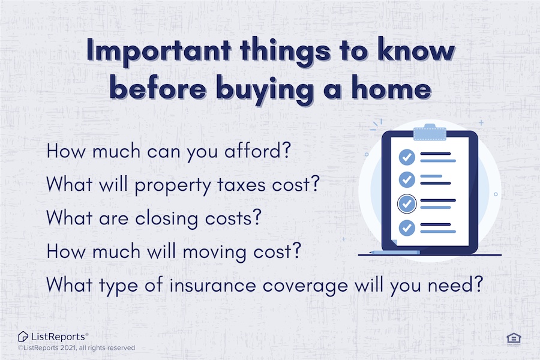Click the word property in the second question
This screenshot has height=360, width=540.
(x=173, y=185)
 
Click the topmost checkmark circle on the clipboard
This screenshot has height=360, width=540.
(x=407, y=157)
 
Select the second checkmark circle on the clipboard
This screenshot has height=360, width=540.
(x=407, y=179)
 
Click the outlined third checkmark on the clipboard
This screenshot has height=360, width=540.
(x=407, y=203)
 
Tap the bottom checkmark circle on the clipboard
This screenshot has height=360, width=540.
(x=407, y=228)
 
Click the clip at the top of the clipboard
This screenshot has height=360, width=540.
(x=430, y=132)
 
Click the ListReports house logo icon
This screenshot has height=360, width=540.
(x=23, y=336)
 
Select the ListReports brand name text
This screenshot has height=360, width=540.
(x=59, y=337)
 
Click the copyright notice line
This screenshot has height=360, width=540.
(x=76, y=348)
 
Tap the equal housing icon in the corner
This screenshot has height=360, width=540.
(x=514, y=339)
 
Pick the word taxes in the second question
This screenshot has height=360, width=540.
(x=242, y=185)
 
